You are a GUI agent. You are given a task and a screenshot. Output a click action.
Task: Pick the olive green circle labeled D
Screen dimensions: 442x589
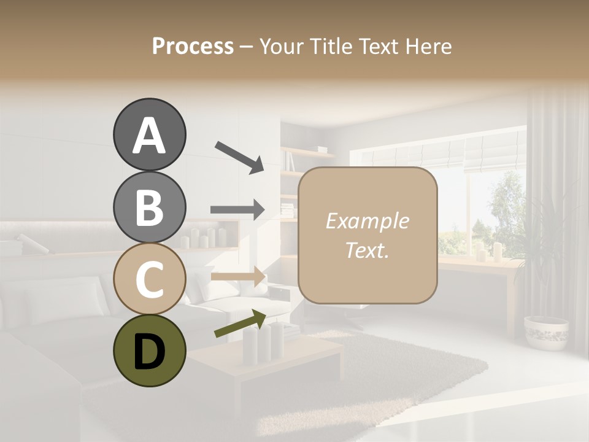click(x=149, y=351)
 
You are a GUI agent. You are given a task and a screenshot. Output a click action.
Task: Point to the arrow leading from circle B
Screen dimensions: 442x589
click(x=237, y=209)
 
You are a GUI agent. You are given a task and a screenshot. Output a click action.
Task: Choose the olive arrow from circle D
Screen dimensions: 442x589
click(x=240, y=324)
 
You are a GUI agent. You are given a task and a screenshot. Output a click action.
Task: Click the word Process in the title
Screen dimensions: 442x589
click(x=193, y=46)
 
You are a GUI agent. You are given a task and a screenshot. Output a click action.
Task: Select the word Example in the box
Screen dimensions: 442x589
click(x=367, y=221)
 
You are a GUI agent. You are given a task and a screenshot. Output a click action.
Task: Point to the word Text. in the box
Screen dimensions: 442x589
click(x=367, y=250)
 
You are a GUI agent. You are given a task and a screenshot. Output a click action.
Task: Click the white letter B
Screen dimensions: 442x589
click(x=149, y=207)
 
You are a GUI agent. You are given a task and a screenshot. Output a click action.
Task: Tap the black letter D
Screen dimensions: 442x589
click(x=149, y=351)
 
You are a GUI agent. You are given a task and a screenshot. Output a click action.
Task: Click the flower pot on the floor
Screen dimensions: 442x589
click(x=546, y=332)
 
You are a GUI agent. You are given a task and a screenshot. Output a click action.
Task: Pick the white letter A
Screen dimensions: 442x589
click(x=149, y=136)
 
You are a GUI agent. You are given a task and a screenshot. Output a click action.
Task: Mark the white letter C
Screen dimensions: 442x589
click(x=149, y=279)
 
